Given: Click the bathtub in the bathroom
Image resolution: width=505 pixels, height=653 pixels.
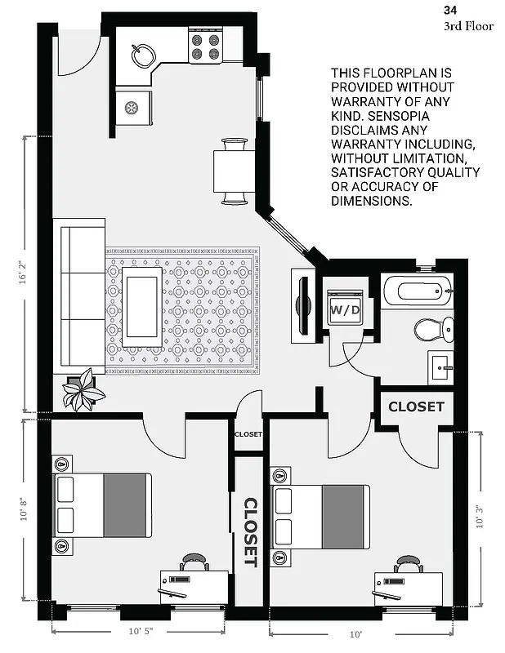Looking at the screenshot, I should coord(417,291).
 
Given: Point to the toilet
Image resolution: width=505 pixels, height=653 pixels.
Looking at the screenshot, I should coord(431,330).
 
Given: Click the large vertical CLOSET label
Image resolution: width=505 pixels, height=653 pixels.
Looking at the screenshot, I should coord(251,532).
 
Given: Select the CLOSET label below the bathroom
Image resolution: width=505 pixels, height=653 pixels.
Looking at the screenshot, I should coord(416,406).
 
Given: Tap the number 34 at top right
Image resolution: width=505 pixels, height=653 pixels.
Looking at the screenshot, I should coord(450,10).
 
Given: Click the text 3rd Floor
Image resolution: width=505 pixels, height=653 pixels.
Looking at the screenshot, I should coord(468,26).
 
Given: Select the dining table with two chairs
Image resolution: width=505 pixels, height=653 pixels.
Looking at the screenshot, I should coord(235,171).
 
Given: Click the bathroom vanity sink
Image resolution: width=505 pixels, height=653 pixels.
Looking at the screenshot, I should coord(442,368).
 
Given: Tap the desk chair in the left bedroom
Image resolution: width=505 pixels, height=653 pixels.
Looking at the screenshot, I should coord(194,562).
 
